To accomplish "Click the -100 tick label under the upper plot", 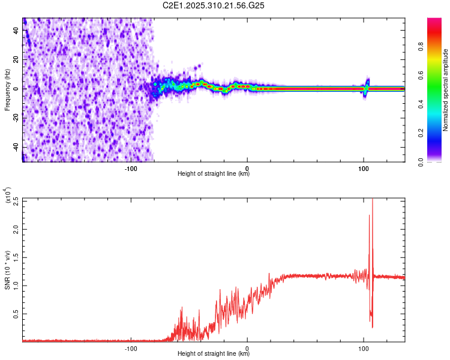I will pos(131,169).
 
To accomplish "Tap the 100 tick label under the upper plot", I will pos(363,169).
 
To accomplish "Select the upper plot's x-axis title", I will pos(214,175).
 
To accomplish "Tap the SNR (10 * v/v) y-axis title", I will pos(8,270).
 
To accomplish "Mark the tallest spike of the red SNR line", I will pos(373,200).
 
